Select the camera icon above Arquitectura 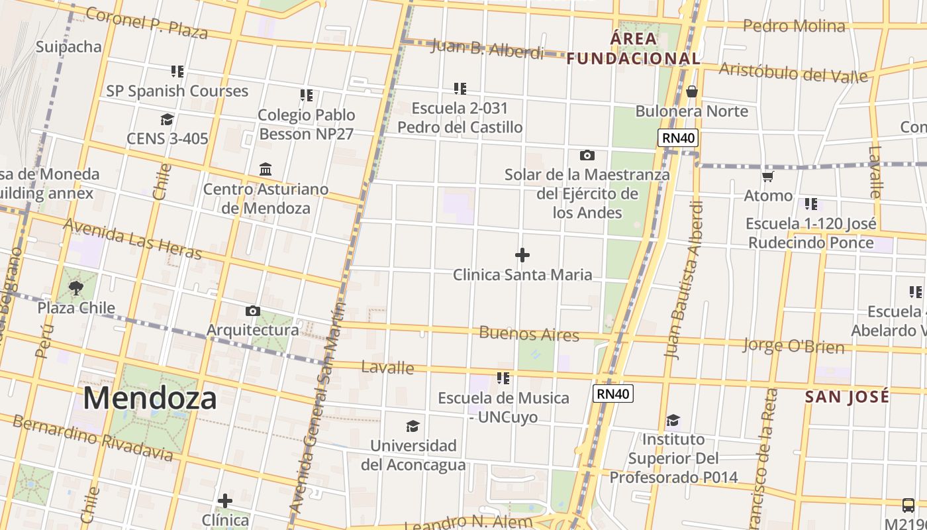click(x=252, y=311)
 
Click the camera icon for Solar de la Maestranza click(x=587, y=156)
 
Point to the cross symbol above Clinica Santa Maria click(x=522, y=255)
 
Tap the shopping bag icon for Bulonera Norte click(x=692, y=91)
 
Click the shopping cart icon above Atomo click(x=768, y=176)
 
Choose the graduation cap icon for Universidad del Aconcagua click(x=413, y=425)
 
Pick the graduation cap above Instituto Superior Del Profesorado click(x=673, y=420)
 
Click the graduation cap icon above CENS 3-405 click(x=167, y=119)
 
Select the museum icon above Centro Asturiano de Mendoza click(x=266, y=169)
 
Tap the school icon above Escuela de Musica click(x=503, y=378)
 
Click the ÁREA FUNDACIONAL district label click(x=634, y=48)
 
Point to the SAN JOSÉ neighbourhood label click(x=847, y=397)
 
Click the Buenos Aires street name click(x=529, y=333)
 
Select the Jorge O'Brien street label click(x=793, y=345)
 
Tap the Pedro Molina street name click(x=794, y=26)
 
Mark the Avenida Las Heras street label click(x=132, y=238)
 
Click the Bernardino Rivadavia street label click(x=93, y=438)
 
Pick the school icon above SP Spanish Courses click(x=177, y=71)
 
